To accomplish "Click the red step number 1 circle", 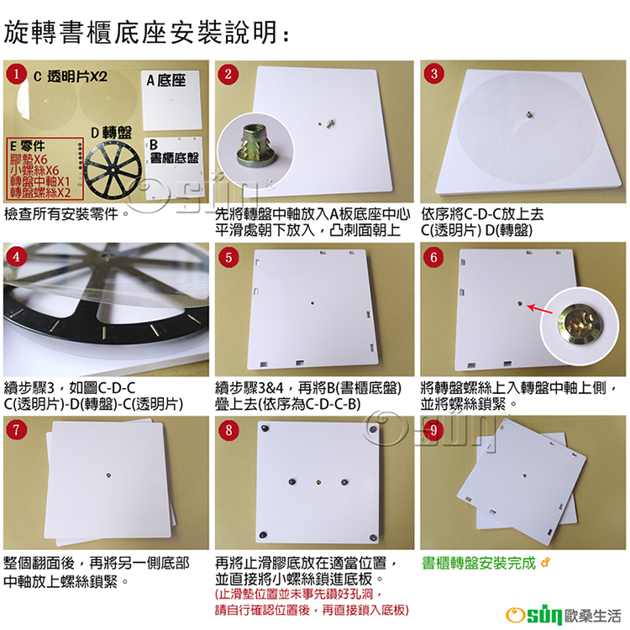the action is (17, 74).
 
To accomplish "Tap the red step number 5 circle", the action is (228, 257).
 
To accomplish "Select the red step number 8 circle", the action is (228, 430).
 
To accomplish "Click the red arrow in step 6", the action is (539, 309).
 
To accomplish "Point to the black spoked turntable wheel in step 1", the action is (113, 170).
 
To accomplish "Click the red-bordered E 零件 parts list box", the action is (45, 169).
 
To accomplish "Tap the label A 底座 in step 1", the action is (166, 81).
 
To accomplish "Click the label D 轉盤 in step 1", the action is (111, 132).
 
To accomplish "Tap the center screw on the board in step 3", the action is (528, 115).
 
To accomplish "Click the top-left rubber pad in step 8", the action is (265, 428).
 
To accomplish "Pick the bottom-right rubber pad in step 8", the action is (373, 537).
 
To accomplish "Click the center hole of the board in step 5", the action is (312, 303).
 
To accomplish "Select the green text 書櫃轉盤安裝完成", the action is (479, 564).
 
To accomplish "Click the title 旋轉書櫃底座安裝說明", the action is (140, 32).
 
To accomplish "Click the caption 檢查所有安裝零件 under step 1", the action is (61, 213).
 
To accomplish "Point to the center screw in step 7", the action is (108, 475).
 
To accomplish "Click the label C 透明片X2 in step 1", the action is (71, 76).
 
